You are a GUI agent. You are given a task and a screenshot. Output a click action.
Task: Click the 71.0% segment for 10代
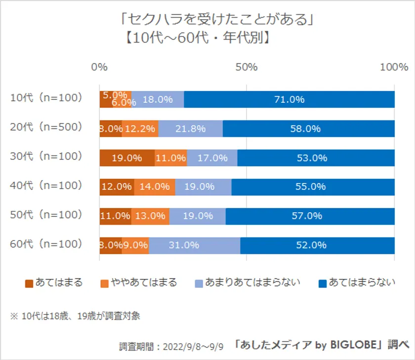click(289, 99)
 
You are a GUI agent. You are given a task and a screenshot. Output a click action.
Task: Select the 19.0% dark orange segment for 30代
click(127, 158)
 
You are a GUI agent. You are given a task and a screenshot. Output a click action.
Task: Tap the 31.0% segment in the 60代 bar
click(194, 245)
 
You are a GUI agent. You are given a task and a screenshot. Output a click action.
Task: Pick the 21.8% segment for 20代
click(190, 128)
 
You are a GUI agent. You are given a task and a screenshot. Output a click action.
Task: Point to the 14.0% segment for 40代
click(155, 187)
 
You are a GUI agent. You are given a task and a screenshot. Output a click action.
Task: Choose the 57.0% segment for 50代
click(310, 216)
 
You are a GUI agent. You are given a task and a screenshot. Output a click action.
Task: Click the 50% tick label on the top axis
click(247, 68)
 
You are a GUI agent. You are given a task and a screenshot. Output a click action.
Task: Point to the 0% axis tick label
click(100, 68)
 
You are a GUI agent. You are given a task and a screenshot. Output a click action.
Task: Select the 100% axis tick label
click(394, 68)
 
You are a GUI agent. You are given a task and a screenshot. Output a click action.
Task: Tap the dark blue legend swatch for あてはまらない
click(322, 283)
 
